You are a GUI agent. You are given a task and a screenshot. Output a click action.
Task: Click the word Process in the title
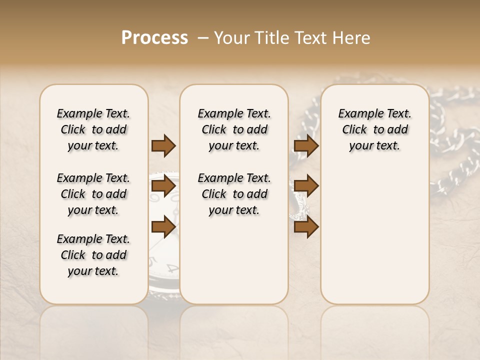(x=154, y=38)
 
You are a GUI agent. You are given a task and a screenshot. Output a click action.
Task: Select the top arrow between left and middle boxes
(x=163, y=145)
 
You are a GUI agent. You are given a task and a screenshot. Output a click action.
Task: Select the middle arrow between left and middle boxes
(x=163, y=186)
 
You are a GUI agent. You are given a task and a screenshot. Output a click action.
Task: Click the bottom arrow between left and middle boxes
(x=163, y=227)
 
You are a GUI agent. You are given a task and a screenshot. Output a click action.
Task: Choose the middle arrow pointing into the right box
(x=306, y=186)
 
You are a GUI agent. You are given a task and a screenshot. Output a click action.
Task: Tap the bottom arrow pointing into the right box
(x=306, y=227)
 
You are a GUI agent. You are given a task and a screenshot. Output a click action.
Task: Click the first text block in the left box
(x=93, y=129)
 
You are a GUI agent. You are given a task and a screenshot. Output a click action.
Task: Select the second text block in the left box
(x=93, y=194)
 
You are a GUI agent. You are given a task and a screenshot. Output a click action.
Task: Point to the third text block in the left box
(x=93, y=255)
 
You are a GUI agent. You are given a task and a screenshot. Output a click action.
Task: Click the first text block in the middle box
(x=234, y=129)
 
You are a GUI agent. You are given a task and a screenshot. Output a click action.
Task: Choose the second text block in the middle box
(x=234, y=194)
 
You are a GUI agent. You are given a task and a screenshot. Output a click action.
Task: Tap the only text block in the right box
(x=374, y=129)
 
